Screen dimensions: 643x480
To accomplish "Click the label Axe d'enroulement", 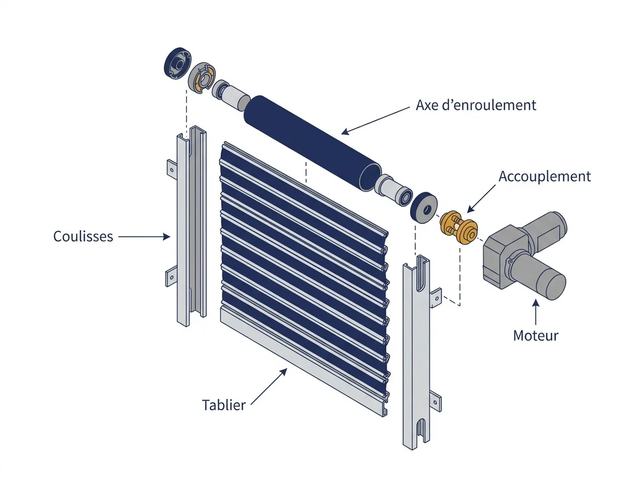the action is [476, 105].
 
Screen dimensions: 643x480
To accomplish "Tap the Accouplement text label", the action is [544, 176].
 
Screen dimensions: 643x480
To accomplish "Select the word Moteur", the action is [536, 335].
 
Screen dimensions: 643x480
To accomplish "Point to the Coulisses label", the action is [83, 236].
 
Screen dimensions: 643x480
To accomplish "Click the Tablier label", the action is [224, 405].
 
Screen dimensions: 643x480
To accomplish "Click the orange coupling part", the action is [459, 228].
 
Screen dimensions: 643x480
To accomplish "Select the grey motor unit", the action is [525, 255].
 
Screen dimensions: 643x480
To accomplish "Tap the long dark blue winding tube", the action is [312, 143].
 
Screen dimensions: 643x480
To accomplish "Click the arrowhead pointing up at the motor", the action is [536, 303].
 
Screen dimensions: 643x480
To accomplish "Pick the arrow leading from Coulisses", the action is [144, 237].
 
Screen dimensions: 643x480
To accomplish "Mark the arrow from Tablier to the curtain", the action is [269, 386].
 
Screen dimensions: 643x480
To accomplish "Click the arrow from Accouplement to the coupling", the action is [481, 199].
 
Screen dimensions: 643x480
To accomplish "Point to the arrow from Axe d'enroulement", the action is [376, 121].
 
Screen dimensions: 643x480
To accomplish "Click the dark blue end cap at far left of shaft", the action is [177, 63].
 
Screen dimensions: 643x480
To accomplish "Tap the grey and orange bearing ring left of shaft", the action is [201, 78].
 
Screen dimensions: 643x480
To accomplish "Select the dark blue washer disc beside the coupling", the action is [424, 208].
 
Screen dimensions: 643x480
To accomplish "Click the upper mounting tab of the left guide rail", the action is [172, 169].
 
